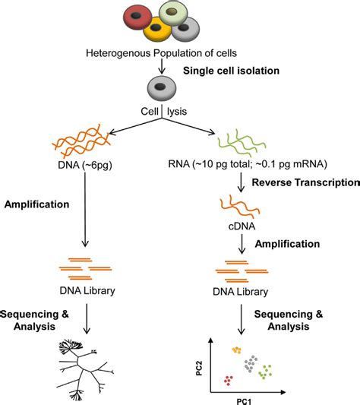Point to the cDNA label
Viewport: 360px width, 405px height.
(x=239, y=226)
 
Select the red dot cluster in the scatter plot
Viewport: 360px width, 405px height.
(x=226, y=379)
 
